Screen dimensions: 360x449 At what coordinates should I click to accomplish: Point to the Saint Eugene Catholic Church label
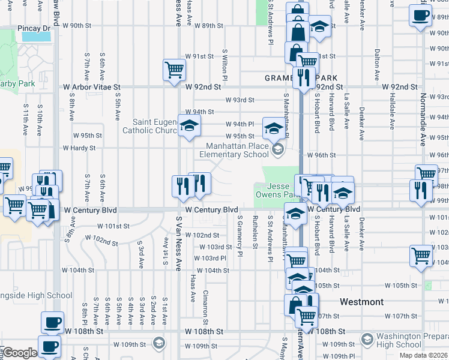point(149,126)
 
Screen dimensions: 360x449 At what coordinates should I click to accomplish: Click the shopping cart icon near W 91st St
point(173,70)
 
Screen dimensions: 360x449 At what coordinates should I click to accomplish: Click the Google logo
point(20,353)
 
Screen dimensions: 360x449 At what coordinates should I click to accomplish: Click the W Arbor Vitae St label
point(92,87)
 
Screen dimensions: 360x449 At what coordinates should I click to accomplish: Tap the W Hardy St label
point(79,148)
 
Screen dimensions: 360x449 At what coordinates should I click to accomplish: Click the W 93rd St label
point(240,100)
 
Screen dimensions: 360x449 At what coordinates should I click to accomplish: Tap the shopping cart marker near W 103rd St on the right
point(421,256)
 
